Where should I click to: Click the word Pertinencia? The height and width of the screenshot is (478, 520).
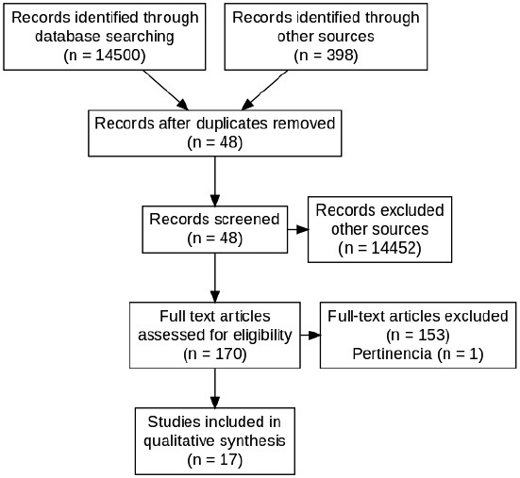tap(392, 354)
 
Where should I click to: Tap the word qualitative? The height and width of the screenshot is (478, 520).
tap(178, 441)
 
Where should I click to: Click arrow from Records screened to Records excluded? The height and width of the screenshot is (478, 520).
tap(298, 229)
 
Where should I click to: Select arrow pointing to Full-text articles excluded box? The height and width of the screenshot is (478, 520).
tap(310, 336)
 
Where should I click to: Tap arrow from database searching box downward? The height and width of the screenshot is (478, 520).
tap(165, 91)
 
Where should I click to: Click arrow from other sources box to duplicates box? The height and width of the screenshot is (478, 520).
tap(265, 91)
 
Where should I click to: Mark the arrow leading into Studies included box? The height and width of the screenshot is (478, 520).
tap(215, 387)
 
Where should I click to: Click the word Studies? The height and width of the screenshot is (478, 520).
tap(174, 422)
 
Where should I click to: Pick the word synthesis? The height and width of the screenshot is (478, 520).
tap(252, 441)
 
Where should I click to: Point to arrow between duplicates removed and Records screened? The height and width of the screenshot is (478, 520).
tap(215, 181)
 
